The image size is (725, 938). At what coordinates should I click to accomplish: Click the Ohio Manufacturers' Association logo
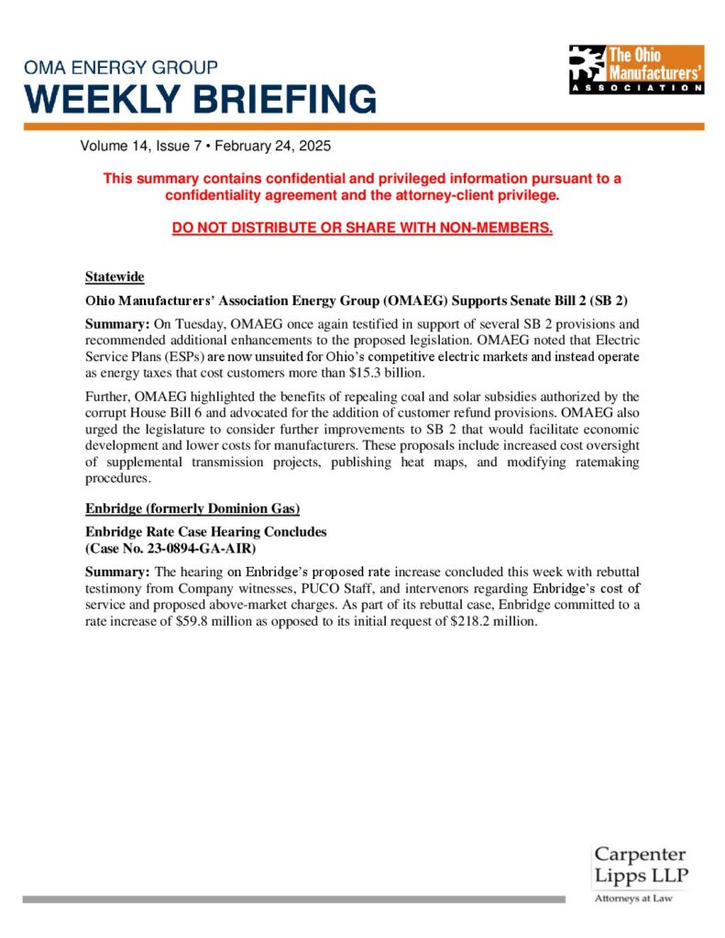(636, 70)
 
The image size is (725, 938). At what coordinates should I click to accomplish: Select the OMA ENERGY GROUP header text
(121, 68)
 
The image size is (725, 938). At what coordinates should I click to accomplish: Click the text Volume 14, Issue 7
(140, 147)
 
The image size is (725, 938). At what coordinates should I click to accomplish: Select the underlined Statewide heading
(115, 277)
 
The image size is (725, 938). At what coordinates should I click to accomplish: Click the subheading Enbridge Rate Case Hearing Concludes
(206, 531)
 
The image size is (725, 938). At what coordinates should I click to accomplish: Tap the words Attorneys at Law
(633, 899)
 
